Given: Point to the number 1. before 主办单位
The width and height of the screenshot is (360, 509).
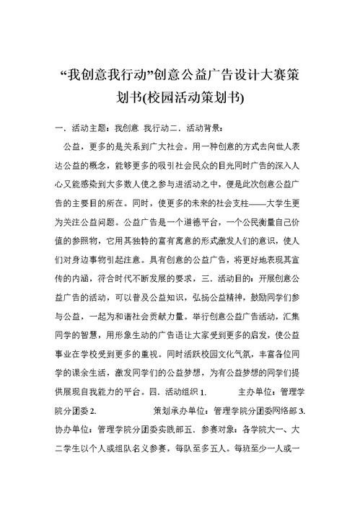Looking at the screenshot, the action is pyautogui.click(x=203, y=393).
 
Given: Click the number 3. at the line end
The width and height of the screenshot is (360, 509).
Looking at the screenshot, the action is pyautogui.click(x=303, y=412).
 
